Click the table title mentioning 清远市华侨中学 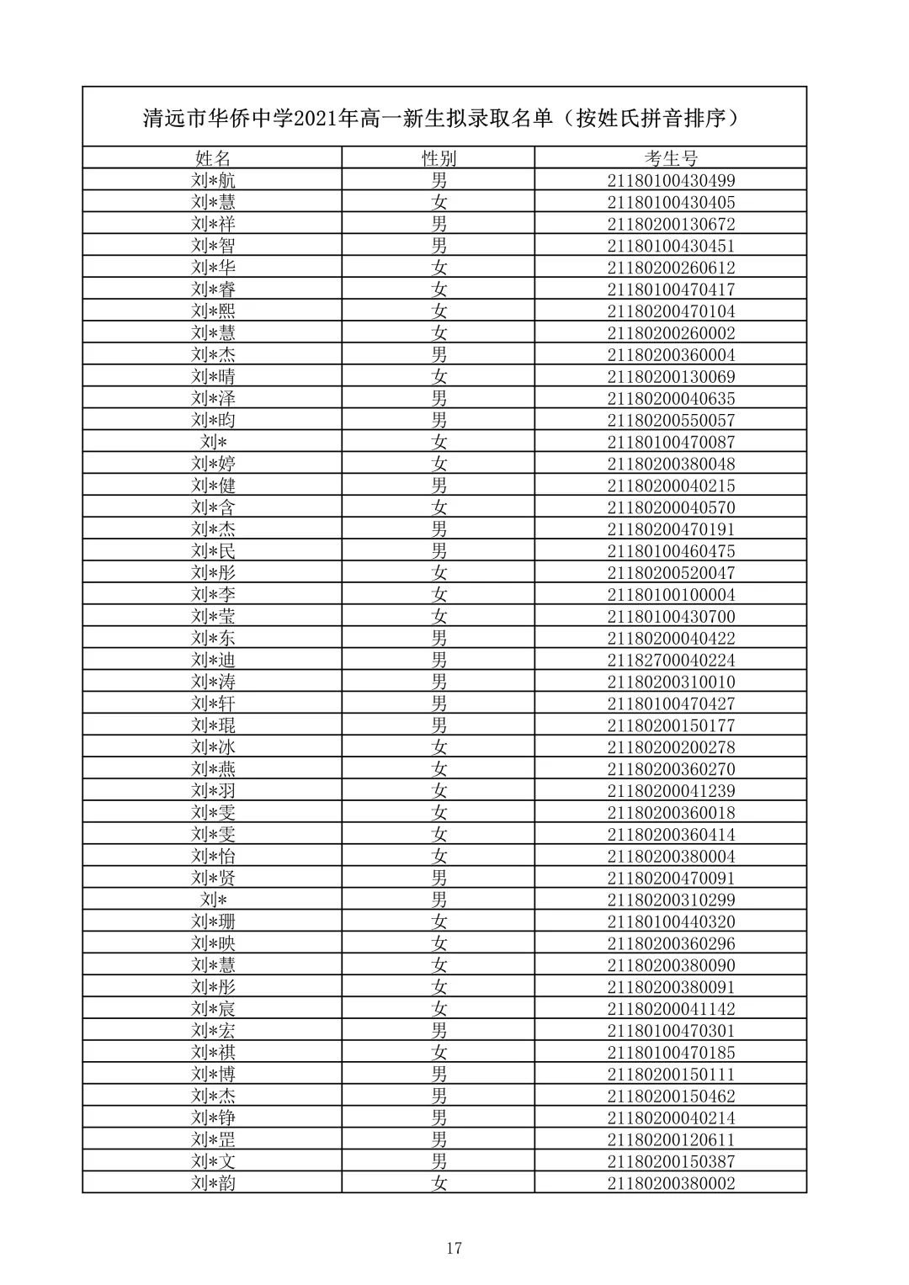444,118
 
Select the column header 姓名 212,158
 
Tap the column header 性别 439,158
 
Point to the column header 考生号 671,158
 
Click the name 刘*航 213,180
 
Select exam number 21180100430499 671,180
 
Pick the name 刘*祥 213,224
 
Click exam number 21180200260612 671,268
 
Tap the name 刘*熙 213,311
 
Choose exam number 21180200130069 671,376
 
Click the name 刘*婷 213,464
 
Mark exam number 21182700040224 671,660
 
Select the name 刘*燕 213,769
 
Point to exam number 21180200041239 671,791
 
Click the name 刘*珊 213,921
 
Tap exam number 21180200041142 671,1009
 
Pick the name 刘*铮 213,1118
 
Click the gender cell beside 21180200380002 439,1184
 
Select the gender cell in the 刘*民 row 439,551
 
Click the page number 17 454,1248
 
